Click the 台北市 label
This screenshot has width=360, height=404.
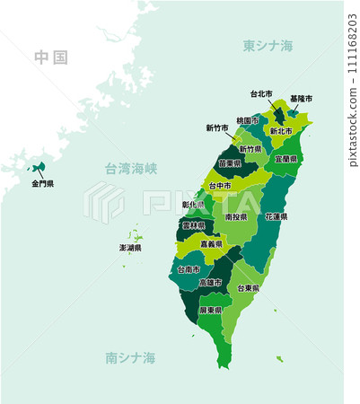coord(261,93)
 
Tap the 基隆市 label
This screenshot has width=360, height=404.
coord(302,99)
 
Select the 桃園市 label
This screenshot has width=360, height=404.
coord(248,120)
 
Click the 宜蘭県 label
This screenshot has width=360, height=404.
coord(286,158)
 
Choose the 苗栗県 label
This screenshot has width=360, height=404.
coord(229,163)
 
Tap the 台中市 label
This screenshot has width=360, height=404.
coord(220,186)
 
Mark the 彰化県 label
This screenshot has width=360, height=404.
coord(193,205)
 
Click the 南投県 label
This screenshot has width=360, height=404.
coord(236,216)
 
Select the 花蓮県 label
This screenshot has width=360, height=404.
coord(276,216)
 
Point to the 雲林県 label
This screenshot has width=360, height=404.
coord(193,226)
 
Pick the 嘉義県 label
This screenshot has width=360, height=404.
coord(212,244)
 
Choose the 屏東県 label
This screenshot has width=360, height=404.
coord(211,310)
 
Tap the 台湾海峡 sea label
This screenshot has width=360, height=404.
coord(131,168)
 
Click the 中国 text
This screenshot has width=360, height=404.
coord(51,57)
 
